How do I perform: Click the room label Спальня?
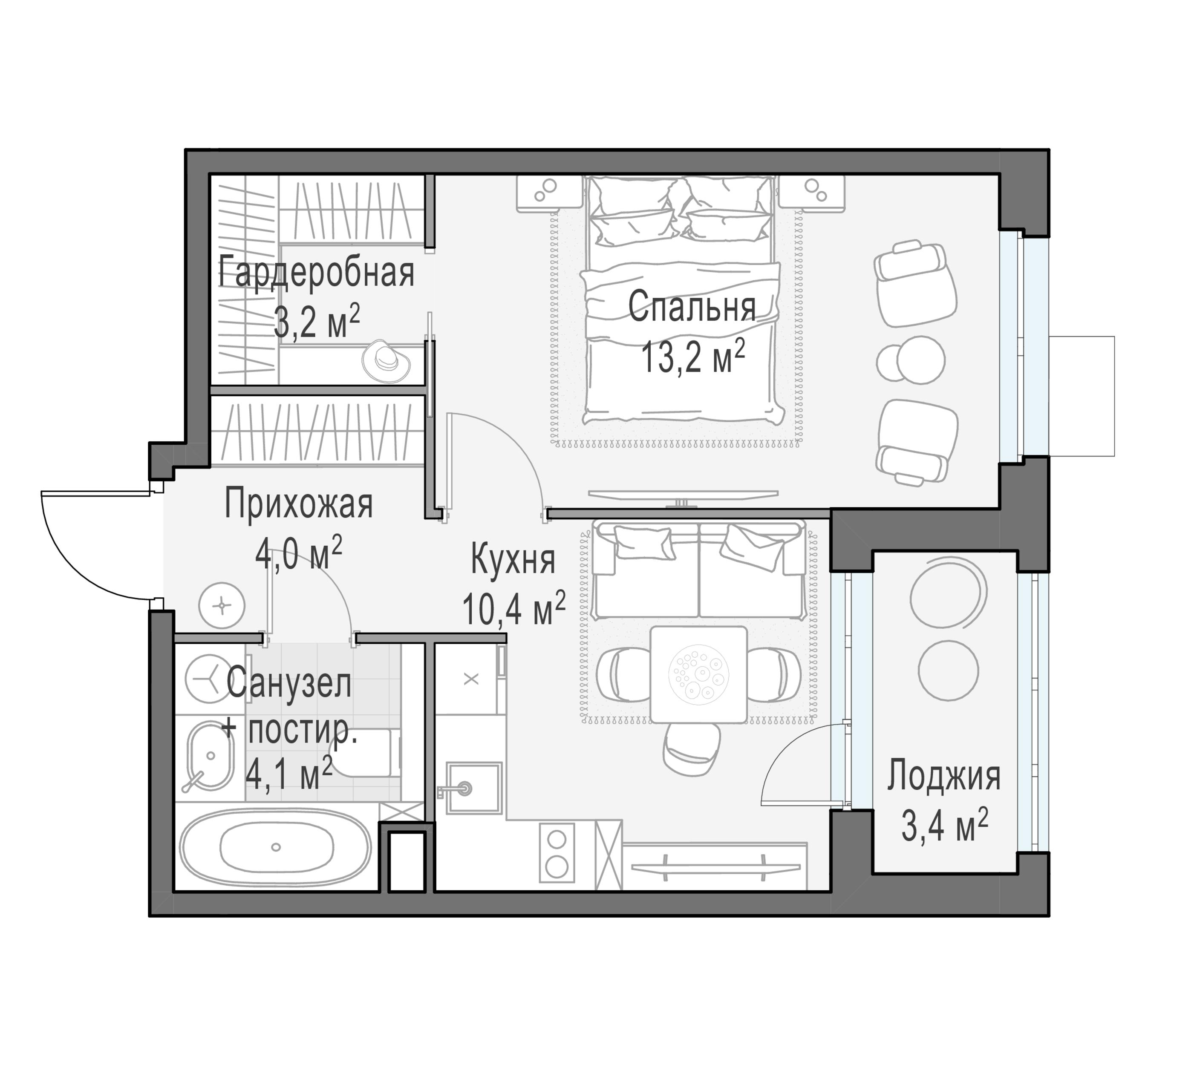click(x=692, y=308)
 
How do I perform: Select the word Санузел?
click(x=289, y=683)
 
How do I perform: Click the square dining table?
click(x=698, y=674)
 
